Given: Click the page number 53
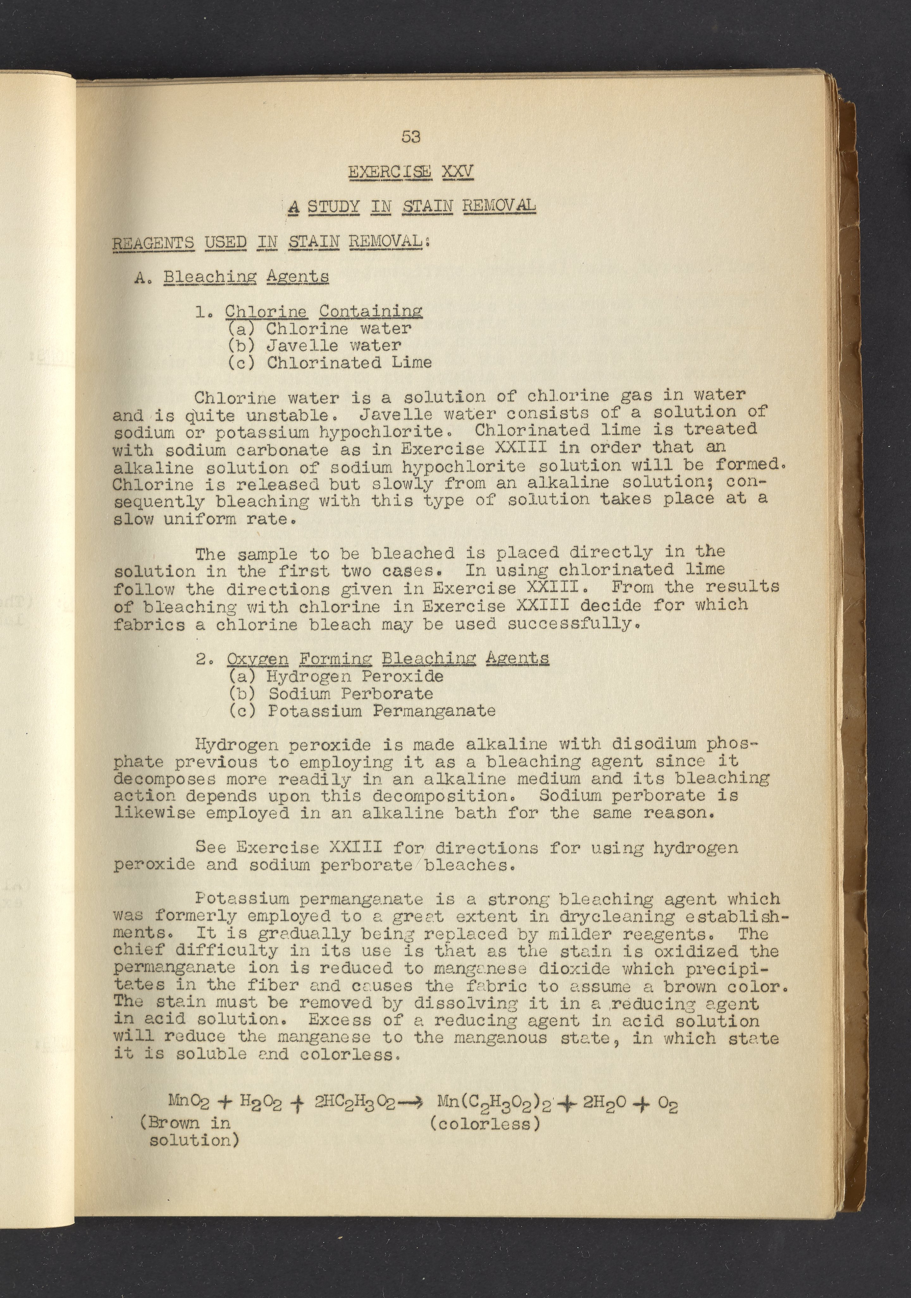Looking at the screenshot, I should tap(411, 136).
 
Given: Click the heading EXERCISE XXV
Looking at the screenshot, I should tap(410, 171).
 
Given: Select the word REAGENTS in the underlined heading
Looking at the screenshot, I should tap(153, 243).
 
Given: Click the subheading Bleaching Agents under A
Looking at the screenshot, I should tap(246, 277).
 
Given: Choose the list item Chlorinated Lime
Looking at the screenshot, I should tap(349, 362).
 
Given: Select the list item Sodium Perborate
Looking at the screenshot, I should tap(350, 694).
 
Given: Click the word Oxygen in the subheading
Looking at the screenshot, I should tap(258, 658).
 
